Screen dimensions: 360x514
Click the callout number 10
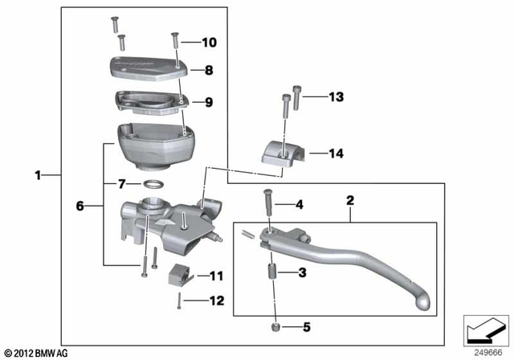[209, 42]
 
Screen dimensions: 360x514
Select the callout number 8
[208, 71]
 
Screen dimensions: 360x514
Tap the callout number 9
[208, 102]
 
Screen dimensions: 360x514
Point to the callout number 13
[335, 96]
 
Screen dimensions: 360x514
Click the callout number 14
[335, 152]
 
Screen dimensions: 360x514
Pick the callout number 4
[300, 205]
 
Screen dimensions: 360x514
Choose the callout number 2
[350, 197]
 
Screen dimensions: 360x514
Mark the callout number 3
[301, 274]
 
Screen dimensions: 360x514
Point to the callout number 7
[123, 184]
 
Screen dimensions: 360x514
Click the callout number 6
[80, 206]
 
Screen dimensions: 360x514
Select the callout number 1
[37, 174]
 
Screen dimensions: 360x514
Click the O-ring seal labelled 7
[157, 186]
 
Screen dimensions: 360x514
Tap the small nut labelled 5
[276, 326]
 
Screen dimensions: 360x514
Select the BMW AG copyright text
[36, 353]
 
